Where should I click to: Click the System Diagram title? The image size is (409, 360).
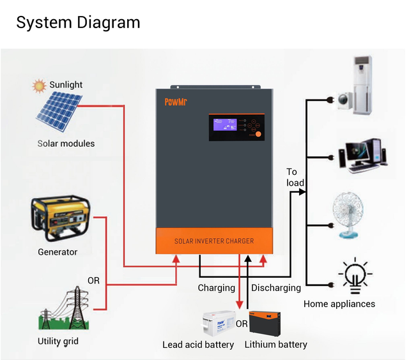click(x=78, y=22)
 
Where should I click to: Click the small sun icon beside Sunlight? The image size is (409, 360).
click(x=40, y=84)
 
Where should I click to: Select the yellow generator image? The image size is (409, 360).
click(x=60, y=220)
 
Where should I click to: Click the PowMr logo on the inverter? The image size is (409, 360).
click(x=175, y=101)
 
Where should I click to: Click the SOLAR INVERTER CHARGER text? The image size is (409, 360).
click(x=214, y=241)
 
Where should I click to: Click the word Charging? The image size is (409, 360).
click(x=216, y=288)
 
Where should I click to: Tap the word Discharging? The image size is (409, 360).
click(x=276, y=288)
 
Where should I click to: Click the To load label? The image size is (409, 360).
click(x=295, y=177)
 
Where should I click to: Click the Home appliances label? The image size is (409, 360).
click(x=339, y=304)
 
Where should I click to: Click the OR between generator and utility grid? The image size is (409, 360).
click(x=93, y=281)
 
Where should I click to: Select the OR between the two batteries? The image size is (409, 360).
click(x=242, y=324)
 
